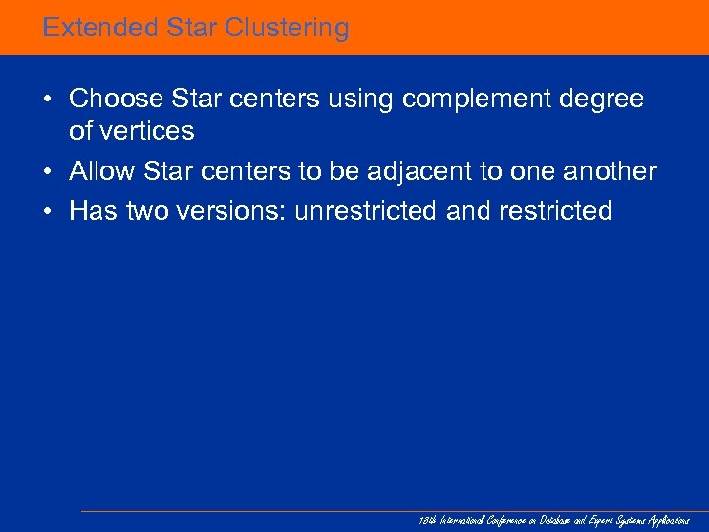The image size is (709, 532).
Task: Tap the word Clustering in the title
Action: [x=287, y=28]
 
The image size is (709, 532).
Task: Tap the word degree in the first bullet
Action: [x=603, y=100]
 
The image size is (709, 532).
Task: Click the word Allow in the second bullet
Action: [x=102, y=171]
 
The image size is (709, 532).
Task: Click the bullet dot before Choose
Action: [x=47, y=100]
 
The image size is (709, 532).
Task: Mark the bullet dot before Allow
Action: [x=47, y=171]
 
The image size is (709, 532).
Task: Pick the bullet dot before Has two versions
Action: [x=47, y=211]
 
